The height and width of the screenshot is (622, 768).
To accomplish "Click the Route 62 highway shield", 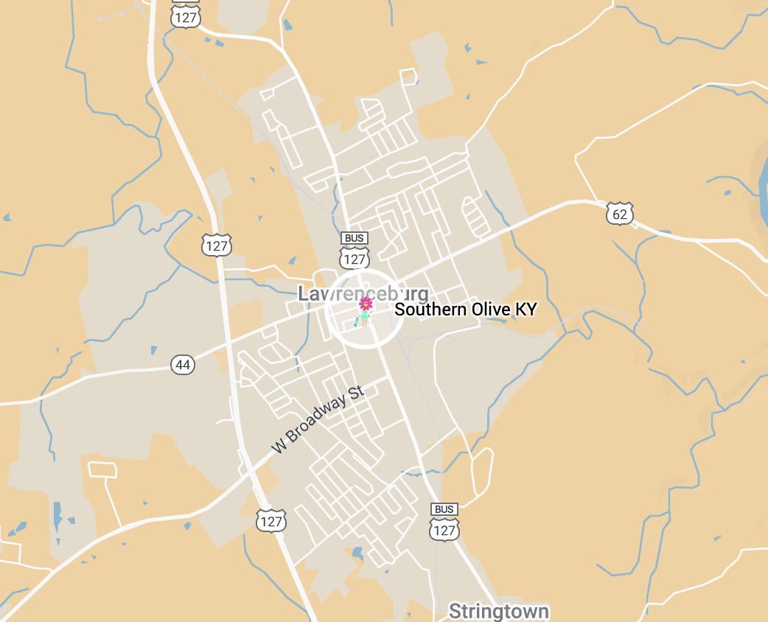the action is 620,214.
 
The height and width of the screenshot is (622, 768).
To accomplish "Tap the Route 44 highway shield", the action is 183,364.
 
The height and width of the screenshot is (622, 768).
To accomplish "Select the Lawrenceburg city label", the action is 363,293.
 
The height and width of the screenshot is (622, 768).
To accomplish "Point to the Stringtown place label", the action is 498,611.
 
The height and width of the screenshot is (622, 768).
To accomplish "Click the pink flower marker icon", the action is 364,305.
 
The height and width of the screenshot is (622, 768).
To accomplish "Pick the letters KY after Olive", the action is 526,310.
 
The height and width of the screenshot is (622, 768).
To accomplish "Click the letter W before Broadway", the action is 278,446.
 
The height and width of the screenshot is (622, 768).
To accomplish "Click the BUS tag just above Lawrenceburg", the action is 355,238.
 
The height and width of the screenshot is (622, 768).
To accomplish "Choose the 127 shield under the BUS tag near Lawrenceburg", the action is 355,259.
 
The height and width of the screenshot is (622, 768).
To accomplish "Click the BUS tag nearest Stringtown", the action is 444,509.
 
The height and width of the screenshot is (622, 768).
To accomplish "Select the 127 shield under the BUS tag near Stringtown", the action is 444,530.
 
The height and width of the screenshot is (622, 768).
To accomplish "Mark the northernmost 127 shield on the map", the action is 185,17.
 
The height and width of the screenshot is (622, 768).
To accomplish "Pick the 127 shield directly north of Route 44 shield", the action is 216,245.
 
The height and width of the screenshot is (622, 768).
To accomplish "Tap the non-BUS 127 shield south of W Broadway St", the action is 270,521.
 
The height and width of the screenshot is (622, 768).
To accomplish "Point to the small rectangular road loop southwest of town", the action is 103,469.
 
